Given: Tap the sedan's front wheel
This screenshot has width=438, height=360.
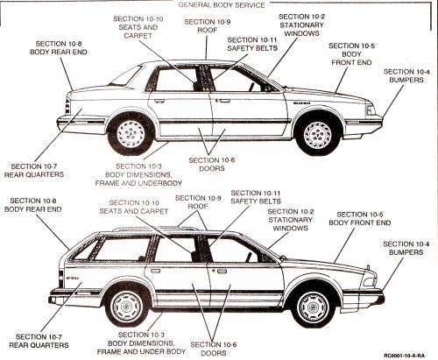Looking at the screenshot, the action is (317, 135).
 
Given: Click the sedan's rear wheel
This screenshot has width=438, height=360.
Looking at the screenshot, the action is (131, 134).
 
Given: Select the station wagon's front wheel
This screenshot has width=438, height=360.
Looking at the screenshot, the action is (314, 307).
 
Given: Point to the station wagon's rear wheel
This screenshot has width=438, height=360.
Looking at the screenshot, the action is (127, 306).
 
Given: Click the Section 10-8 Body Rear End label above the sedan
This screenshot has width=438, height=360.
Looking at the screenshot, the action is (59, 48).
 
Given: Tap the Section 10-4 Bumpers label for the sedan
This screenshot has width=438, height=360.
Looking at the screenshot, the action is (406, 75).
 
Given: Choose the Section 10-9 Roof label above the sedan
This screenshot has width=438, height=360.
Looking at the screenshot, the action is (208, 26).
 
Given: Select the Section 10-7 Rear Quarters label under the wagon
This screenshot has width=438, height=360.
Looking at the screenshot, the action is (39, 341).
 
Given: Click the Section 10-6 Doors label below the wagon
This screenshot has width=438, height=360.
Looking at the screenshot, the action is (214, 349).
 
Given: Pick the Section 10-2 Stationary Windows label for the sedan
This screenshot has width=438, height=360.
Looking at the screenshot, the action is (301, 25).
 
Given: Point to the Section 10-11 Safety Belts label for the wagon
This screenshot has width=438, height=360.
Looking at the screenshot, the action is (256, 197).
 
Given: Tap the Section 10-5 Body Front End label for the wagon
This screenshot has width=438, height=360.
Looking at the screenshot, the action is (360, 218).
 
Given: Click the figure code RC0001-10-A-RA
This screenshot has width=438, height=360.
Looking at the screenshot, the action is (404, 356).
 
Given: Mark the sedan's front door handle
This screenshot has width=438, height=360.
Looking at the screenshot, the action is (224, 101).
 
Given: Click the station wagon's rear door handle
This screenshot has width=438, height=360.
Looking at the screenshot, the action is (155, 271).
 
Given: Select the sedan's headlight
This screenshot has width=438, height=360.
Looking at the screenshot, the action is (370, 109).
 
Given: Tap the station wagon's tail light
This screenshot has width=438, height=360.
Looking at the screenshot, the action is (60, 279).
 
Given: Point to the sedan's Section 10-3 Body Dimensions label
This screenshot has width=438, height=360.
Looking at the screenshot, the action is (138, 174).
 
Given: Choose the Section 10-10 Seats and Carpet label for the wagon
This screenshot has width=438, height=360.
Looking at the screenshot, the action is (134, 207).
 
